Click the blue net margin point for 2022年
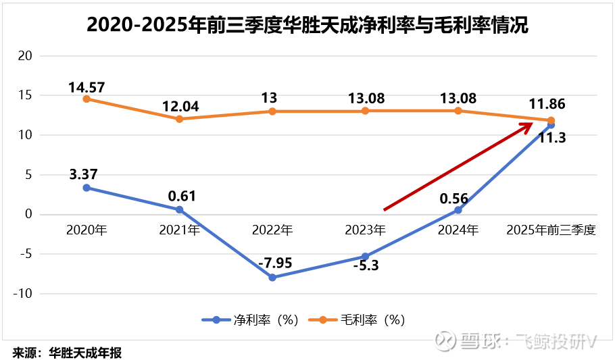[x=272, y=278]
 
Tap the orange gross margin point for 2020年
[x=87, y=99]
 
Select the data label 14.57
[x=87, y=86]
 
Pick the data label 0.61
[x=180, y=197]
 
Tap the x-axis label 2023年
[x=365, y=230]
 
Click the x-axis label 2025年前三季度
[x=551, y=230]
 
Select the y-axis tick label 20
[x=25, y=55]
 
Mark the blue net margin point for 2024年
[x=458, y=210]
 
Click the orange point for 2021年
[x=180, y=119]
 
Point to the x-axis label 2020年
[x=87, y=230]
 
